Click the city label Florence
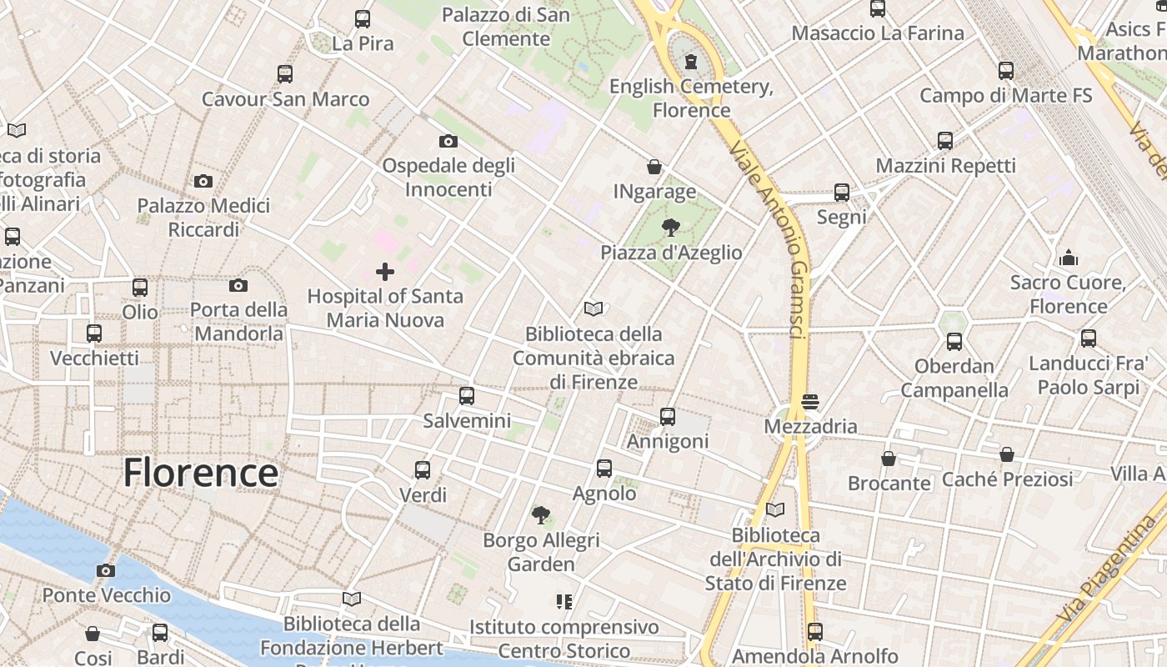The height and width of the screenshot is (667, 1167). [200, 473]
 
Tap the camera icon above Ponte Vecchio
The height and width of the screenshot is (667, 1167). [106, 571]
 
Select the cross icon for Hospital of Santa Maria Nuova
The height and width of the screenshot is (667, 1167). [385, 272]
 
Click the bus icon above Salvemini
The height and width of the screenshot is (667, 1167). [467, 396]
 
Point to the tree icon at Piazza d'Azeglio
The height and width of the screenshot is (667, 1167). [670, 228]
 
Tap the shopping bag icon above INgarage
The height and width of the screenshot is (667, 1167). [654, 168]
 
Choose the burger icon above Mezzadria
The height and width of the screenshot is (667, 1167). [809, 402]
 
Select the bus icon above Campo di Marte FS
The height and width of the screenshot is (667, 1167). [1006, 71]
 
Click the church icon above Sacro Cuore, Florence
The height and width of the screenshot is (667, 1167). [1069, 258]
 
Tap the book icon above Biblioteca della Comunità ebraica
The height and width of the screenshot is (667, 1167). [594, 309]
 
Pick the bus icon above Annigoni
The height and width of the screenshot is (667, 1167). [668, 417]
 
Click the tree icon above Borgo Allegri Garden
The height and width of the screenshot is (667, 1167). [541, 515]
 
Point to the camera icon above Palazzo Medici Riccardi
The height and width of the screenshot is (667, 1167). [203, 181]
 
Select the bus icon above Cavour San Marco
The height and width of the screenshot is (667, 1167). [285, 74]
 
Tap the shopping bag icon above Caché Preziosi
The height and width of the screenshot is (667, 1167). [1007, 455]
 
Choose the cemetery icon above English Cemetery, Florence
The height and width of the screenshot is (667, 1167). [691, 62]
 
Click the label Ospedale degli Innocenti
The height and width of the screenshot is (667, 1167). [448, 178]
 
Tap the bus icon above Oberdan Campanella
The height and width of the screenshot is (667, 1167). [954, 342]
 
